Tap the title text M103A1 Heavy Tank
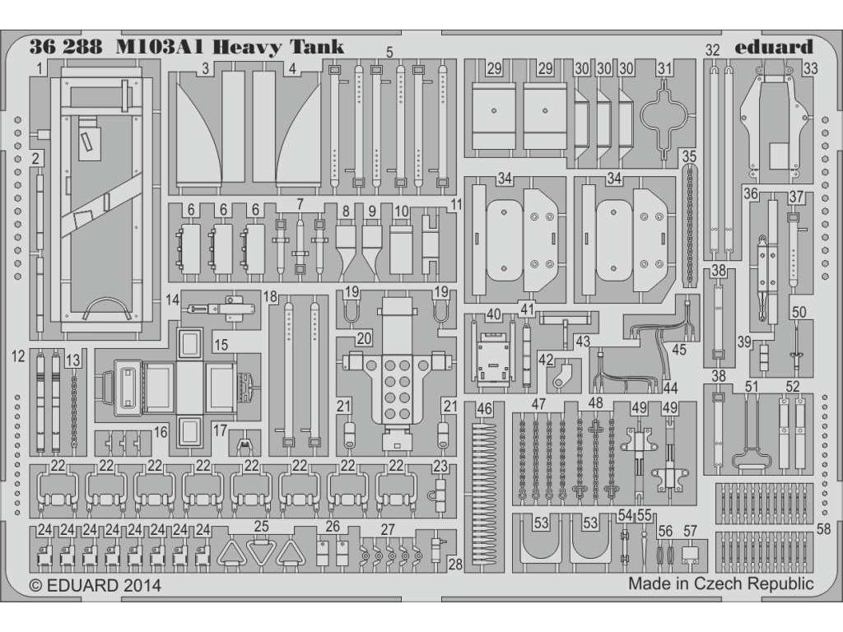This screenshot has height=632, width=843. [230, 46]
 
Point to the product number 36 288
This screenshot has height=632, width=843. [65, 46]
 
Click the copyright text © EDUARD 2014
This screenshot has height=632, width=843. [95, 585]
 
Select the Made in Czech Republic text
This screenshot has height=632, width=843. [720, 584]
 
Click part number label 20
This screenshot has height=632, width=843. [364, 338]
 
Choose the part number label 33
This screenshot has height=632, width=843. [810, 69]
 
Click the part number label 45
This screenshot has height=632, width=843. [679, 349]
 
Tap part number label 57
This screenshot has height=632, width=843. [690, 530]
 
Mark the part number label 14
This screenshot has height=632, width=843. [172, 301]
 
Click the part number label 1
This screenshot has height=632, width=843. [40, 69]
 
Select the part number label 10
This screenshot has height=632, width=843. [401, 211]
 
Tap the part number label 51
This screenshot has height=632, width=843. [750, 387]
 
